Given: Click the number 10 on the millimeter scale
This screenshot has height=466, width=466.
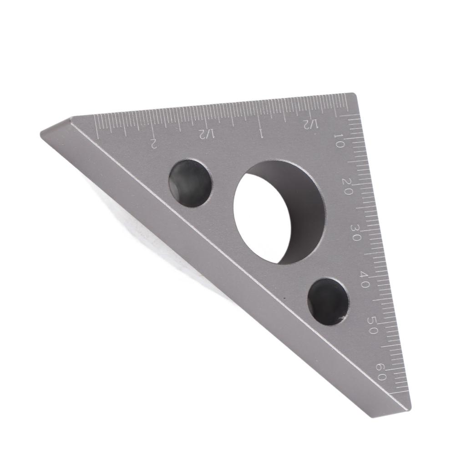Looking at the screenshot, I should [339, 143].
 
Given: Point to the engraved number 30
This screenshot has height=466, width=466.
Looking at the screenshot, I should [356, 233].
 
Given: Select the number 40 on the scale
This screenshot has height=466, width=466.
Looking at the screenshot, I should [365, 279].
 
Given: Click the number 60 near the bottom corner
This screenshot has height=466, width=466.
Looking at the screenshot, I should [382, 371].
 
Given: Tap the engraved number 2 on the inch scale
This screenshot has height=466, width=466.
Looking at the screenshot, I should [153, 143].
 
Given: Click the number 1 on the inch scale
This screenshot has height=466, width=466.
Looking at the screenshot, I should [261, 133].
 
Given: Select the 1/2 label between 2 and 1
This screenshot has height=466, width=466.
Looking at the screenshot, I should [206, 134].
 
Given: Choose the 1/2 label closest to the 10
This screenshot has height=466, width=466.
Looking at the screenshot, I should [309, 124].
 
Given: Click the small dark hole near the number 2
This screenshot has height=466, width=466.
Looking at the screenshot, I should [190, 183].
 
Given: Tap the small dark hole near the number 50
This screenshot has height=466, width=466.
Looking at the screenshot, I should [328, 301].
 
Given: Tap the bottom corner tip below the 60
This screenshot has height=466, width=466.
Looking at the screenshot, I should [408, 412].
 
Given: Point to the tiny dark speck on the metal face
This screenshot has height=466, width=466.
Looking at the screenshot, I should [285, 299].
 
